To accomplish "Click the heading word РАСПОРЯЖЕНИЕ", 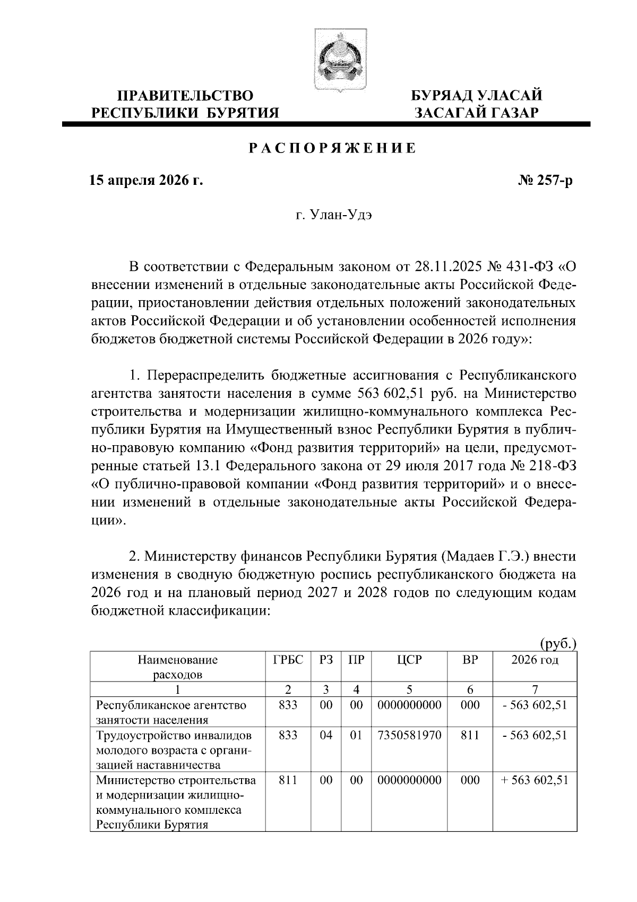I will (x=332, y=149).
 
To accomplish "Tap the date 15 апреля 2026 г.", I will (x=146, y=181).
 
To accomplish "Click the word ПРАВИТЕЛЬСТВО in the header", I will (x=185, y=96).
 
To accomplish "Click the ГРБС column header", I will (x=288, y=660).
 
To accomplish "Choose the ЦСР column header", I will (x=409, y=660).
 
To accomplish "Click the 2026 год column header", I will (x=535, y=660).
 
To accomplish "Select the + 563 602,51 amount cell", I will (x=535, y=780).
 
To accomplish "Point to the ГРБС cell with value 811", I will (x=288, y=780).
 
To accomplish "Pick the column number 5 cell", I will (x=409, y=690).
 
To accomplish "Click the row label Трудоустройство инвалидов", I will (x=174, y=736).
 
